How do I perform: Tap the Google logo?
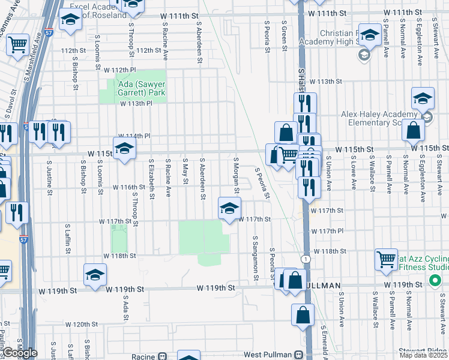20,353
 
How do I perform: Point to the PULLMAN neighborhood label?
324,285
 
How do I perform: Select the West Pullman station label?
268,355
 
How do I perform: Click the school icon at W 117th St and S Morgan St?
229,208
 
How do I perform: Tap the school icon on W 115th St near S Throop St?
124,149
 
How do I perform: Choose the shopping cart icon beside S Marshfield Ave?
18,44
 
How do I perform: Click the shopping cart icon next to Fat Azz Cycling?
386,259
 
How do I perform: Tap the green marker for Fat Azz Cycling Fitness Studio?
435,280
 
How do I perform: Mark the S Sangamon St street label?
255,258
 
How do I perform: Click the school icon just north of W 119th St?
95,274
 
